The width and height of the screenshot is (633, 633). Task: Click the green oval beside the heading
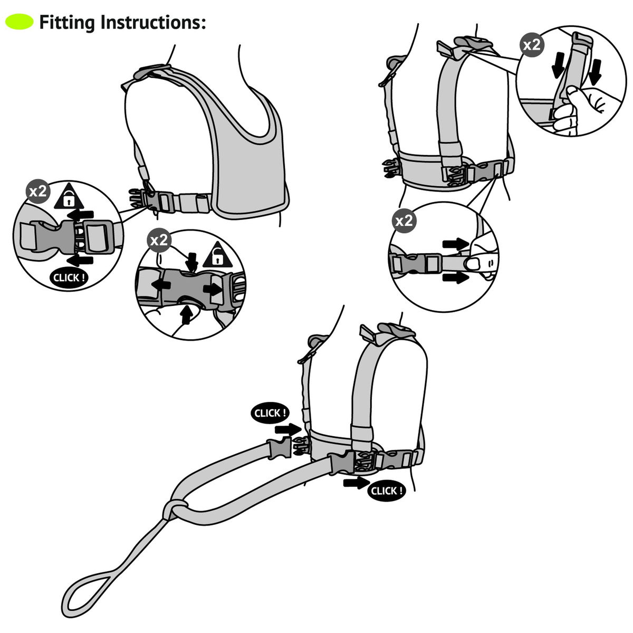click(20, 22)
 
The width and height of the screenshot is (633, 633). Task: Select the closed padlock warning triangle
click(69, 196)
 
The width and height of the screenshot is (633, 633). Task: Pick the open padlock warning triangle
click(217, 255)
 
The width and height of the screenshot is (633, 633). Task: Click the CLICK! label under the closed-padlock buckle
click(69, 277)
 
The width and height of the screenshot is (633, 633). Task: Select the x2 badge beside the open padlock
click(159, 240)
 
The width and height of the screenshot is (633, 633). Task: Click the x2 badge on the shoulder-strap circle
click(532, 45)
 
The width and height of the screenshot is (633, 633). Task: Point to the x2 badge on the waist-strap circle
click(404, 220)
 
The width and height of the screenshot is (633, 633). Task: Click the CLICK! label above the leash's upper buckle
click(271, 413)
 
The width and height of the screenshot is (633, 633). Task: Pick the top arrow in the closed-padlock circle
click(81, 215)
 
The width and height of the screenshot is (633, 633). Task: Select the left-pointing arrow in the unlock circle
click(161, 285)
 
